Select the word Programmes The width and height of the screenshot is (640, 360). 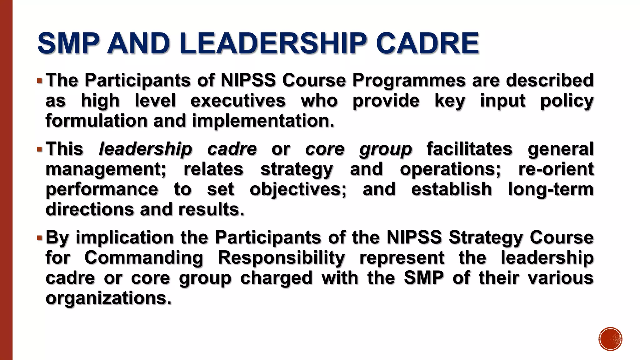(409, 80)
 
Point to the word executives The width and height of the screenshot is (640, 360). (238, 101)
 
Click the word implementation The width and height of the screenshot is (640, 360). (263, 121)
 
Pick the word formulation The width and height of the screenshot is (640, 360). (96, 121)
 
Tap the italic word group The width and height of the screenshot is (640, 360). (385, 149)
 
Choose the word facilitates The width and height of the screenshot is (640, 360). (469, 149)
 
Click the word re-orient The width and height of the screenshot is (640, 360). (556, 169)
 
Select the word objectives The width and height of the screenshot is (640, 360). (298, 189)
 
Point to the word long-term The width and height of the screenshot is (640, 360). (551, 189)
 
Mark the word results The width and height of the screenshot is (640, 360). (211, 209)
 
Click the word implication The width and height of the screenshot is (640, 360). (124, 237)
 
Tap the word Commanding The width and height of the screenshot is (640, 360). (144, 258)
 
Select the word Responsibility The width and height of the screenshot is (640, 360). (281, 258)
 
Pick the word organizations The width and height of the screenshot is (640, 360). (108, 298)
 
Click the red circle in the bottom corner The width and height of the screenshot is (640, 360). (610, 339)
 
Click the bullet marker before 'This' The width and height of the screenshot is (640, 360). (39, 149)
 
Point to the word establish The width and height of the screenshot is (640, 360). (451, 189)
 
